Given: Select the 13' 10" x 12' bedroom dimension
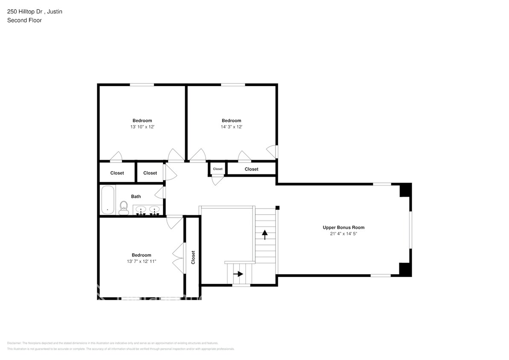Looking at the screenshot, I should pyautogui.click(x=142, y=127).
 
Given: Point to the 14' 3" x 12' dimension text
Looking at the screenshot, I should pyautogui.click(x=231, y=127).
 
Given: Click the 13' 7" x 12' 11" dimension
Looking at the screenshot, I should pyautogui.click(x=141, y=261).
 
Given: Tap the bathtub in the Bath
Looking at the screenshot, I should pyautogui.click(x=108, y=200).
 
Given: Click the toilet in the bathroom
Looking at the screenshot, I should pyautogui.click(x=124, y=208).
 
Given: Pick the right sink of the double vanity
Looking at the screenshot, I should pyautogui.click(x=154, y=209).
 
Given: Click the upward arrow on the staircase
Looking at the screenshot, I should pyautogui.click(x=265, y=234).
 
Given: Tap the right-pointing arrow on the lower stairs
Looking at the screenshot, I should pyautogui.click(x=238, y=274).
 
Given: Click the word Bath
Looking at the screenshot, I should pyautogui.click(x=136, y=197).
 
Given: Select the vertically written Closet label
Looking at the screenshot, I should pyautogui.click(x=193, y=257).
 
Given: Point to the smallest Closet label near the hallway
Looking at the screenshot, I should pyautogui.click(x=218, y=169).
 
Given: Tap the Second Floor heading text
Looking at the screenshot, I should pyautogui.click(x=24, y=20).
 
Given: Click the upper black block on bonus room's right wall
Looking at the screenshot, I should pyautogui.click(x=405, y=190).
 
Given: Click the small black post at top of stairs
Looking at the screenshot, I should pyautogui.click(x=277, y=208).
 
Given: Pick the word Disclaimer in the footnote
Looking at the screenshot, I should pyautogui.click(x=14, y=343).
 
